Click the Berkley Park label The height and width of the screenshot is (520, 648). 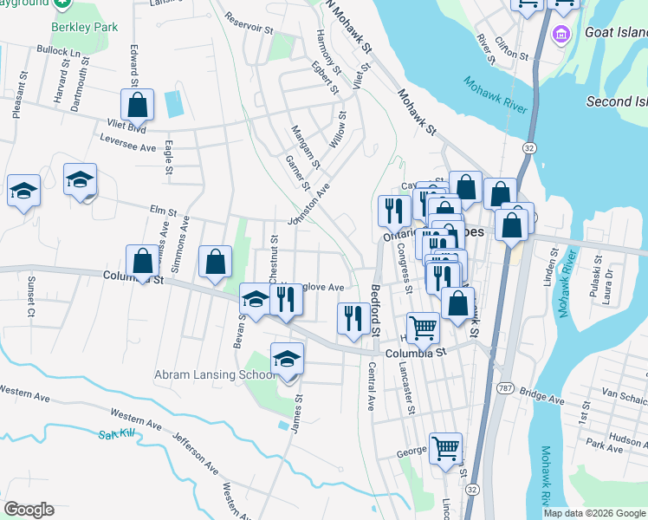(x=84, y=27)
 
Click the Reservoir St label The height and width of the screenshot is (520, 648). (x=249, y=23)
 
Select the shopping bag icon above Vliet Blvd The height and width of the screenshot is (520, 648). (x=138, y=106)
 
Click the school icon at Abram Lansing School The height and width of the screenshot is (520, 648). (x=288, y=360)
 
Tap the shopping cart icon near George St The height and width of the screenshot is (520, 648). (x=445, y=449)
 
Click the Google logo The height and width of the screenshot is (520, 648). (x=29, y=510)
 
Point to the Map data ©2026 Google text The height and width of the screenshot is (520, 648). (x=594, y=513)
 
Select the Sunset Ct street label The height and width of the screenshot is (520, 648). (x=29, y=296)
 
